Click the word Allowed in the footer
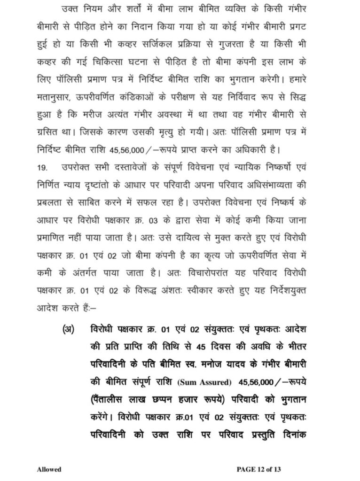pyautogui.click(x=49, y=469)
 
